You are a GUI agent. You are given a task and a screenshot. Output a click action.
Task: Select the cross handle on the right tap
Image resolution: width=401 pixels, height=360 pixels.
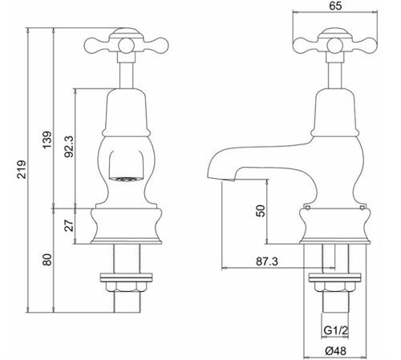(x=332, y=40)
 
